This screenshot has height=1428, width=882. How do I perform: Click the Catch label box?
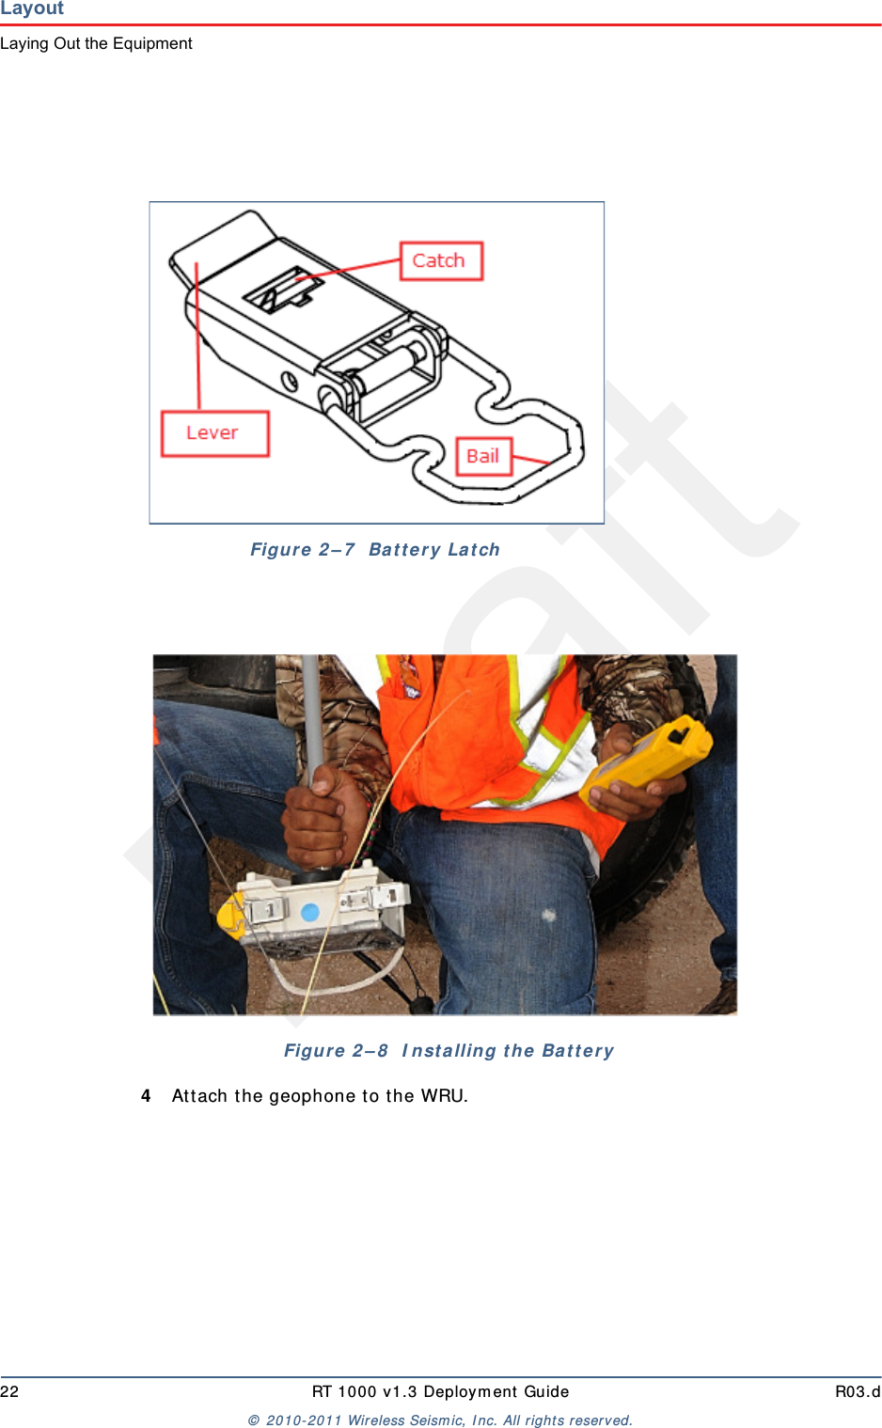point(441,260)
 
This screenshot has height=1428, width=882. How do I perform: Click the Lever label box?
point(214,433)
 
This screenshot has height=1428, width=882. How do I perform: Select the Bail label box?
point(483,456)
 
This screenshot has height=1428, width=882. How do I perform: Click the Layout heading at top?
point(32,8)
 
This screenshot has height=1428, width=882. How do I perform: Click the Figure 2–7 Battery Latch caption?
point(375,550)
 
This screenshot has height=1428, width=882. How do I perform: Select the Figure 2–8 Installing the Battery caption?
point(449,1051)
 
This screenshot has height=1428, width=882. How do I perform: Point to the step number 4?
point(146,1096)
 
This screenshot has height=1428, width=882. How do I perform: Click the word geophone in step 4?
point(312,1096)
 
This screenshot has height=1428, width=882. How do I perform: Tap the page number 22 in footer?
point(9,1391)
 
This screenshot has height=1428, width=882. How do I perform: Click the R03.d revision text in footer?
point(857,1391)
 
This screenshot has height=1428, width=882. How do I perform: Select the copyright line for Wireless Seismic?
point(440,1420)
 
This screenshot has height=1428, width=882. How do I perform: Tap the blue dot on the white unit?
point(310,911)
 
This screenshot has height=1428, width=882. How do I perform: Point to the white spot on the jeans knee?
point(549,914)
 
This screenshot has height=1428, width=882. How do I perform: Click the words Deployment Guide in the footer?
point(496,1391)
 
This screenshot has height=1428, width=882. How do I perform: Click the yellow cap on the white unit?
point(229,915)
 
